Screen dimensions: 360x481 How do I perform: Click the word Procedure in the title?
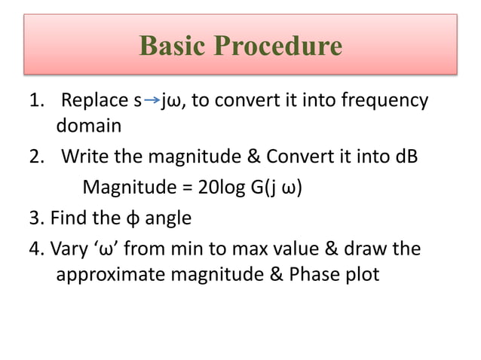[x=279, y=46]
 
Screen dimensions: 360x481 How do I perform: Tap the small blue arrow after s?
[x=152, y=100]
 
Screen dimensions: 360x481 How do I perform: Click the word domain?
[x=88, y=127]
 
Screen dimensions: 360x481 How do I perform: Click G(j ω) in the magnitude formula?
[x=272, y=187]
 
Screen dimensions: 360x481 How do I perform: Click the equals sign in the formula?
[x=184, y=187]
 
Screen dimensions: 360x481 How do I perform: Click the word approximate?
[x=110, y=275]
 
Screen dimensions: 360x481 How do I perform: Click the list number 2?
[x=35, y=157]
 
